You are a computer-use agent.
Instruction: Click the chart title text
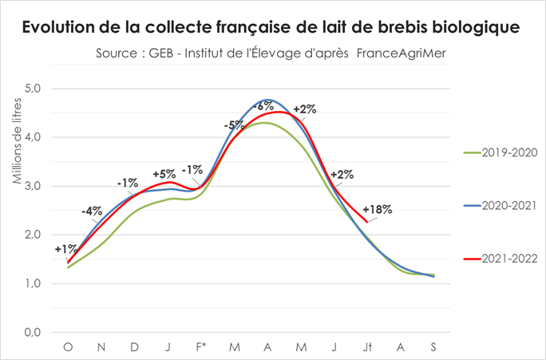coord(272,26)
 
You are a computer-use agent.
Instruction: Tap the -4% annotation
coord(92,212)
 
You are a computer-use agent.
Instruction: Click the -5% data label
coord(234,125)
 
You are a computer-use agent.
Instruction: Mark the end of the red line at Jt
coord(366,222)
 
